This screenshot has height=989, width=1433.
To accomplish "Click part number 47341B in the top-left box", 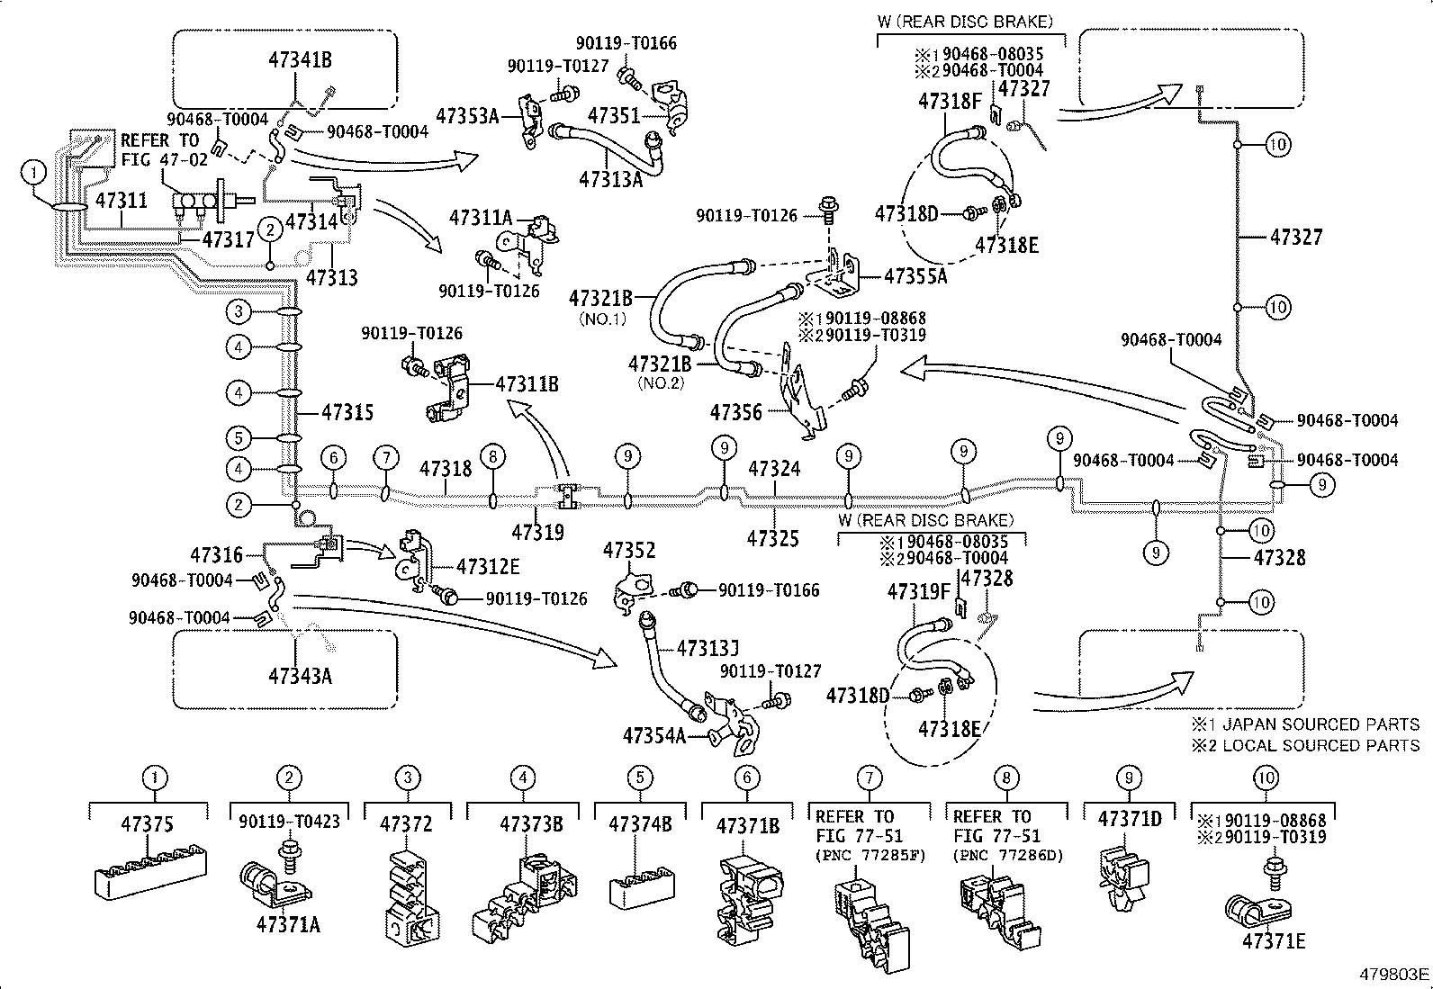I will tap(300, 60).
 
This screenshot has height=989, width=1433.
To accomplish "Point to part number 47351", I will tap(614, 115).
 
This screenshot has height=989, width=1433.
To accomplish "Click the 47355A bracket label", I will tap(916, 276).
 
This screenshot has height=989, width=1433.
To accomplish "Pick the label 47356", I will tap(735, 413).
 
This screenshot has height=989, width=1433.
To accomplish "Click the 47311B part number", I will tap(527, 385).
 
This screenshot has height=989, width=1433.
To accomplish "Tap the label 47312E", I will tap(487, 567).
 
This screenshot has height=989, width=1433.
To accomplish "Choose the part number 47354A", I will tap(653, 736).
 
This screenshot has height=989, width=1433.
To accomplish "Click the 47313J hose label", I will tap(707, 648).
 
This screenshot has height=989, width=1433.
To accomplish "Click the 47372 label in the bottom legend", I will tap(406, 823).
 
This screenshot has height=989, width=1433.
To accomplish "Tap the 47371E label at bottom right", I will tap(1274, 941).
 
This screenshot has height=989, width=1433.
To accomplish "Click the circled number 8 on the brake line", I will tap(492, 457).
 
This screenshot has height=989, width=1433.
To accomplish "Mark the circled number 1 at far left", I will tap(33, 171).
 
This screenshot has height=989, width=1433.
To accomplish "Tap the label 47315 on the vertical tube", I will tap(347, 413).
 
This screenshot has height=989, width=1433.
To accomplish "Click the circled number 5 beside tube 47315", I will tap(239, 439).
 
